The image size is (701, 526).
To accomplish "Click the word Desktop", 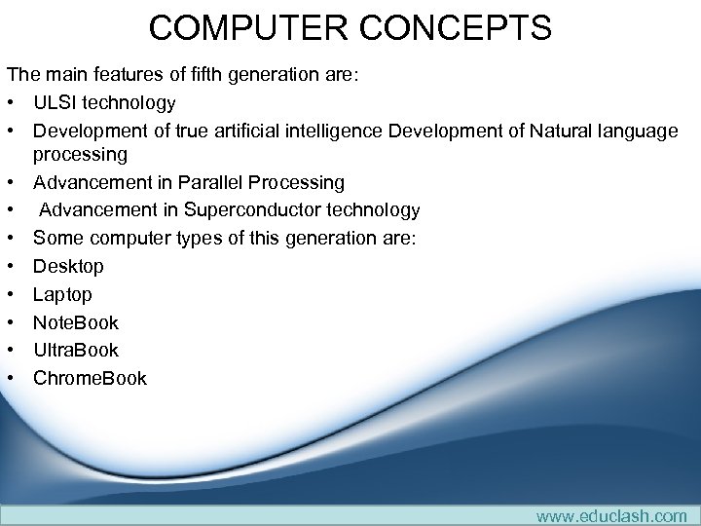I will click(68, 266).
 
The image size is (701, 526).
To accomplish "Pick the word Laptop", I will click(62, 294).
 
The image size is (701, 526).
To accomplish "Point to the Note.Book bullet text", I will click(76, 322).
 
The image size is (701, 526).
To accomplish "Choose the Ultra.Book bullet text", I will click(76, 350).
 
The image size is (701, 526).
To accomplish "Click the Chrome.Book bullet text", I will click(90, 378).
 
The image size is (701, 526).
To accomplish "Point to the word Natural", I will click(566, 131).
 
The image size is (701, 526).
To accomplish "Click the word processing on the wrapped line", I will click(80, 155).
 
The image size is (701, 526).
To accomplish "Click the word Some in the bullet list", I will click(56, 238).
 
